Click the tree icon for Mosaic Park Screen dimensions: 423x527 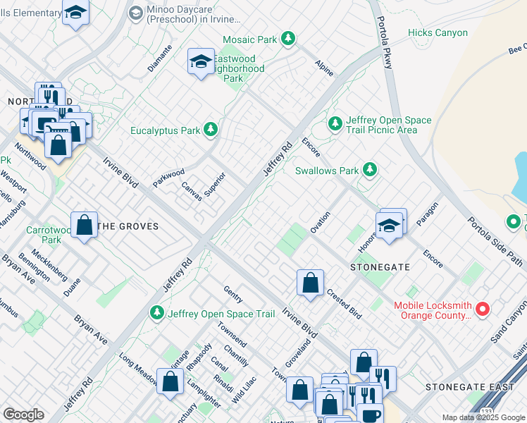coord(287,39)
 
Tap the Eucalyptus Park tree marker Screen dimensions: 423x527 coord(210,130)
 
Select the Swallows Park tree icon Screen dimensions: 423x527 coord(368,170)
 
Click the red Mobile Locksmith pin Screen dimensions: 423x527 coord(483,309)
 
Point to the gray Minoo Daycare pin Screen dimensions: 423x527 coord(136,13)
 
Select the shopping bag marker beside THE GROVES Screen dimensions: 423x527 coord(84,226)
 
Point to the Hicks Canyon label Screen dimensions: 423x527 coord(438,32)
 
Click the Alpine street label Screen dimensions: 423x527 coord(324,68)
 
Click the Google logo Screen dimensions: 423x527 coord(23,414)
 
